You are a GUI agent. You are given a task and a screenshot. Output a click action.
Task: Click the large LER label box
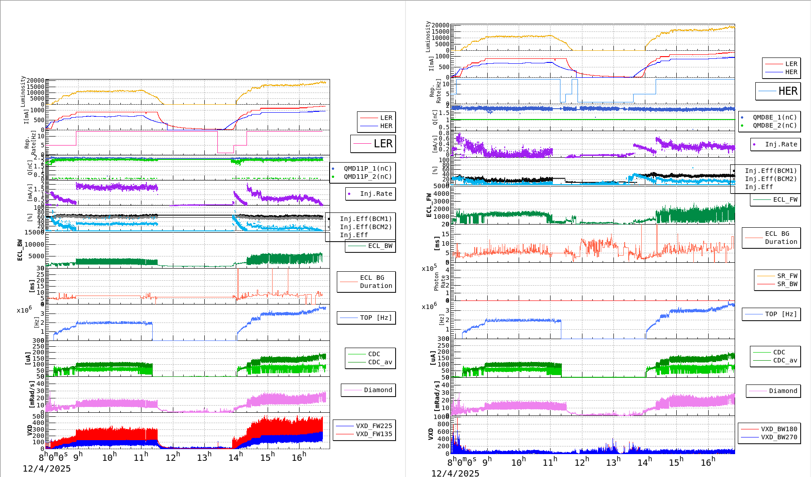[x=373, y=144]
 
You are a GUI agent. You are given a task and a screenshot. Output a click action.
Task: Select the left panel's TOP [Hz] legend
[x=366, y=318]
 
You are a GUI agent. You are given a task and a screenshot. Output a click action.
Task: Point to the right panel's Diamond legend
[x=773, y=391]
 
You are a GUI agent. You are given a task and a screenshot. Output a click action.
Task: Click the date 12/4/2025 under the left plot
[x=47, y=468]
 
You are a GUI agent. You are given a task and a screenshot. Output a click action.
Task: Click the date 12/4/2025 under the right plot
[x=455, y=473]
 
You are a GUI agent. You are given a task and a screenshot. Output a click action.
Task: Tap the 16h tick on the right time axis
[x=708, y=462]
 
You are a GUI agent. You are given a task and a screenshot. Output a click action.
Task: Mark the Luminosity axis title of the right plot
[x=428, y=36]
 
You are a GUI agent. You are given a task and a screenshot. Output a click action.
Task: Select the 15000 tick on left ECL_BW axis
[x=35, y=232]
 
